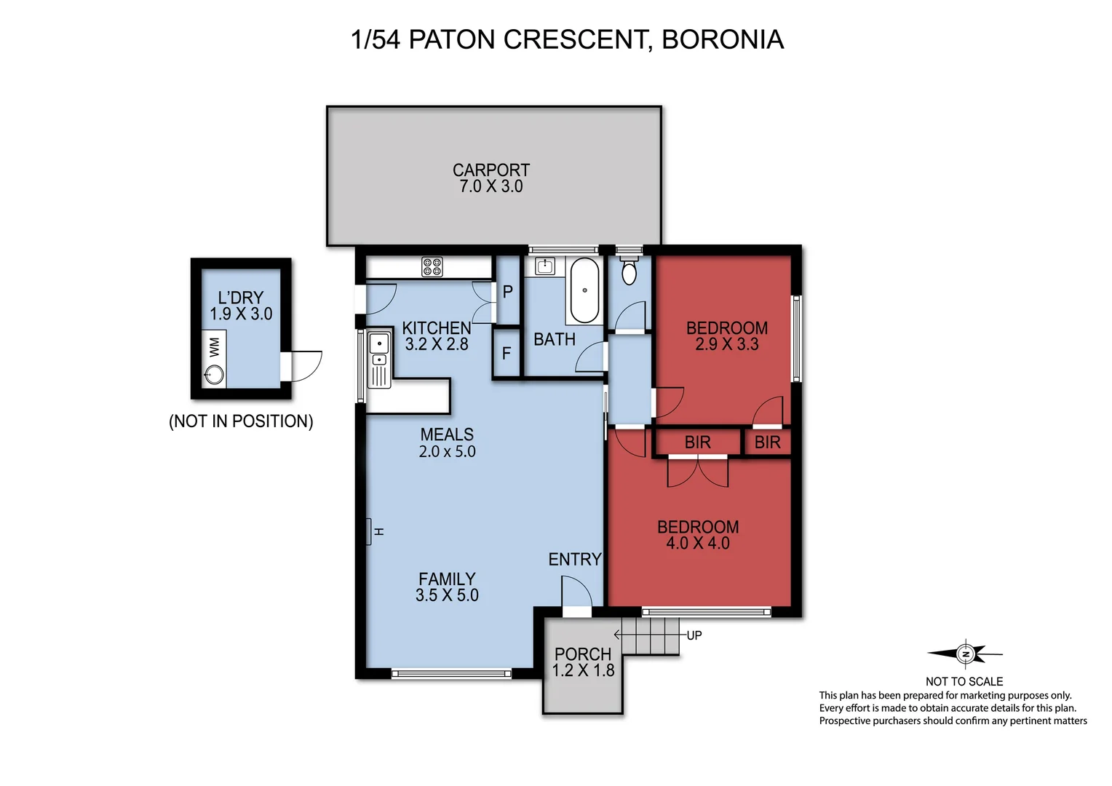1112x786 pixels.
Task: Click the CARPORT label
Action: click(491, 170)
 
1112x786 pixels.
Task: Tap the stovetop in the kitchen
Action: click(432, 267)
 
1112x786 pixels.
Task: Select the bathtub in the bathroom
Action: click(584, 291)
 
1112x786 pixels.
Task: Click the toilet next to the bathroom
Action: click(629, 271)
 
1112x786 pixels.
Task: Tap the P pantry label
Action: click(508, 292)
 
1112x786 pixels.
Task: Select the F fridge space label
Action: click(507, 354)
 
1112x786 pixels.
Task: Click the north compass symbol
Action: click(965, 654)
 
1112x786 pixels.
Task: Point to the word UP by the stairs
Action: click(694, 635)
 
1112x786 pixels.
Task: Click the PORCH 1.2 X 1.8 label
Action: click(583, 662)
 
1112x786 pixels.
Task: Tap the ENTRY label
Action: click(575, 559)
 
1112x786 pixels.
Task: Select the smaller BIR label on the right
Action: click(767, 442)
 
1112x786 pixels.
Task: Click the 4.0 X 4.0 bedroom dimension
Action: click(698, 543)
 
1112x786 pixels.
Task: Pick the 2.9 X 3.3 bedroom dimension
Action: click(726, 344)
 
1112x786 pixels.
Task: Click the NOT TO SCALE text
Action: click(964, 681)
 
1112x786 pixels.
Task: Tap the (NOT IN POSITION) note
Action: click(241, 421)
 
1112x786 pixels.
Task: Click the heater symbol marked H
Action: click(369, 531)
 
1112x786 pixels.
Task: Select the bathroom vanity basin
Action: click(544, 266)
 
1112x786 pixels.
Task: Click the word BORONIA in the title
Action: click(723, 39)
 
